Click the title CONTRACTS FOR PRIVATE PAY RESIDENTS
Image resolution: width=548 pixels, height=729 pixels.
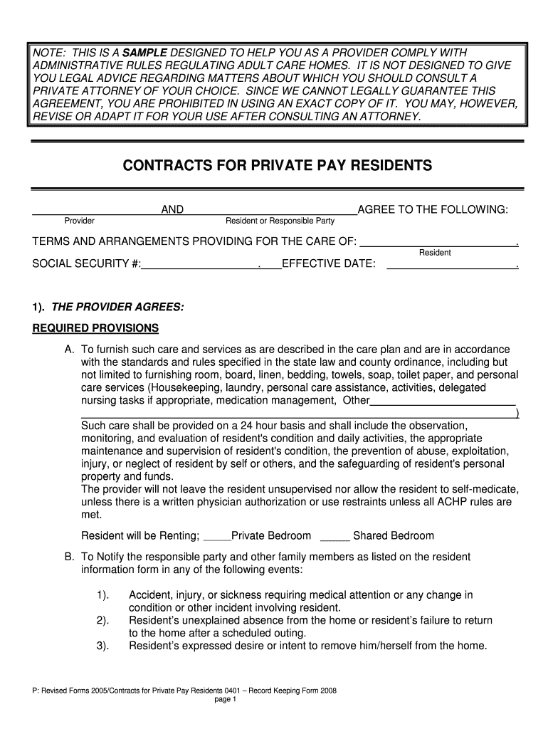coord(278,166)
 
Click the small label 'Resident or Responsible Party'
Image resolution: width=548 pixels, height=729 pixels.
coord(280,221)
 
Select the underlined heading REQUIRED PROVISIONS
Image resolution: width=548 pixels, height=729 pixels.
coord(96,328)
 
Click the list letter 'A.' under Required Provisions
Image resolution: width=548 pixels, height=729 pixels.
coord(70,350)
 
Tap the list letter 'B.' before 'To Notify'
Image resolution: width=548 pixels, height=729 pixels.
coord(70,557)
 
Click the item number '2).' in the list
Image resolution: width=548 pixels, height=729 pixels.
coord(102,620)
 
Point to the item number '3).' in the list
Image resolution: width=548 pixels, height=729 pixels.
coord(102,646)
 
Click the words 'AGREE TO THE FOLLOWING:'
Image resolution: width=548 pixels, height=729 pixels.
coord(433,209)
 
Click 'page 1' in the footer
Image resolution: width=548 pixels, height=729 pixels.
coord(224,699)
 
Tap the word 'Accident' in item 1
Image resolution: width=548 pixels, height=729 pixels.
coord(149,594)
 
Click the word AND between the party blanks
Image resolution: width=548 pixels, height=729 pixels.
coord(172,209)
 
